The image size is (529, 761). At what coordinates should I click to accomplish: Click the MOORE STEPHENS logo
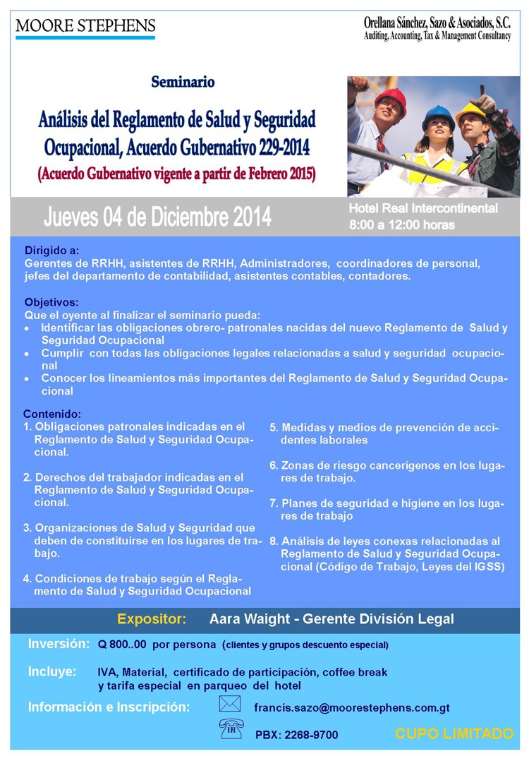(85, 28)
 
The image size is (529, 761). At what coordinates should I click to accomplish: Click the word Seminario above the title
(183, 83)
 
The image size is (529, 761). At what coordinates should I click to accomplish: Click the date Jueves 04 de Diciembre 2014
(157, 217)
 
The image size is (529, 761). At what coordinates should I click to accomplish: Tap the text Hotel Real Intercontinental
(423, 208)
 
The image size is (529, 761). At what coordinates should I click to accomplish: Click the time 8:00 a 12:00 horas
(401, 225)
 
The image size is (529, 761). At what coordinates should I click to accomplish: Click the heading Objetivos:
(51, 301)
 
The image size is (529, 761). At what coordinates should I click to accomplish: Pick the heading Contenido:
(52, 414)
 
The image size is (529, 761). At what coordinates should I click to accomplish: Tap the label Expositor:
(152, 620)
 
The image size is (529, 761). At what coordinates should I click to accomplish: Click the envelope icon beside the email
(230, 705)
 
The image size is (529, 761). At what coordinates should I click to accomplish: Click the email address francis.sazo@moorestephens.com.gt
(352, 707)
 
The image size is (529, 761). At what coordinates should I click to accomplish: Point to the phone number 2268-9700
(311, 735)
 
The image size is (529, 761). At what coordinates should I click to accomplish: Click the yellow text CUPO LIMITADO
(454, 734)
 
